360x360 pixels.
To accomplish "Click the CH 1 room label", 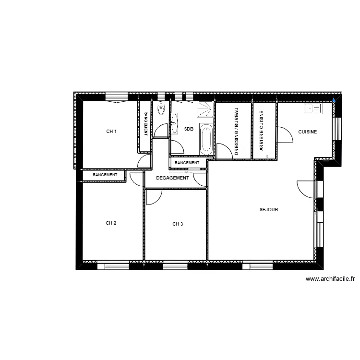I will pos(111,132).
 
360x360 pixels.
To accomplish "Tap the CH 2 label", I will pos(111,223).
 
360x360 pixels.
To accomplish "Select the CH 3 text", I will pos(178,224).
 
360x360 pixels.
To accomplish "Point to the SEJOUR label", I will pos(269,210).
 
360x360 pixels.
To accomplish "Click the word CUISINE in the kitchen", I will pos(307,132).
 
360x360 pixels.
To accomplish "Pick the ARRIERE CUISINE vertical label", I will pos(262,131).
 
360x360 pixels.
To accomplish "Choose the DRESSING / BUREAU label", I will pos(237,131).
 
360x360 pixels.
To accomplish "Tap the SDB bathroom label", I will pos(189,129).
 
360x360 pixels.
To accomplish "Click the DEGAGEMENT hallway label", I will pos(172,178).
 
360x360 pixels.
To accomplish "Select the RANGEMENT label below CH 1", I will pos(105,175).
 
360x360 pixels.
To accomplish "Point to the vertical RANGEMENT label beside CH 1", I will pos(146,123).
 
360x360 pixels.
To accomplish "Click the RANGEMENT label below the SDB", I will pos(187,163).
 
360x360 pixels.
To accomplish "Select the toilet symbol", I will pos(160,109).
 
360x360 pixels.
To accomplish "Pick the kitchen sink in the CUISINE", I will pos(312,109).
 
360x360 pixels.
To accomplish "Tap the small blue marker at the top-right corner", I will pos(335,100).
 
